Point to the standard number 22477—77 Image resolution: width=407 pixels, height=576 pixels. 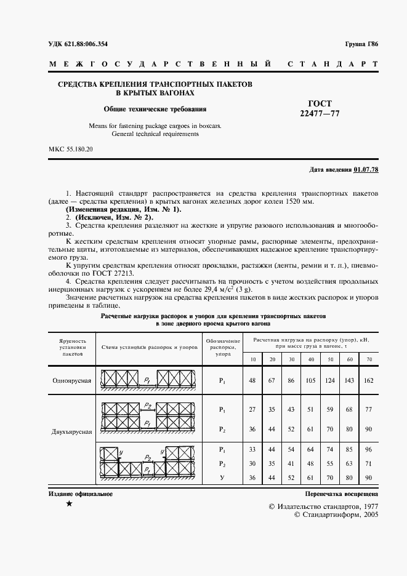click(320, 113)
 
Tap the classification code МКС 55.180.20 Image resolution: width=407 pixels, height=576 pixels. click(71, 150)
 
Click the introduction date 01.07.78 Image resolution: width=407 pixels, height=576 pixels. click(366, 169)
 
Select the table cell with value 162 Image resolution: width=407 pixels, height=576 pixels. click(368, 380)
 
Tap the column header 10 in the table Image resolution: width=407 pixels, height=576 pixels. click(252, 358)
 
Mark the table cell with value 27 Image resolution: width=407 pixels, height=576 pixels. click(252, 409)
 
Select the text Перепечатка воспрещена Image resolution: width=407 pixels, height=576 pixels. click(341, 494)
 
